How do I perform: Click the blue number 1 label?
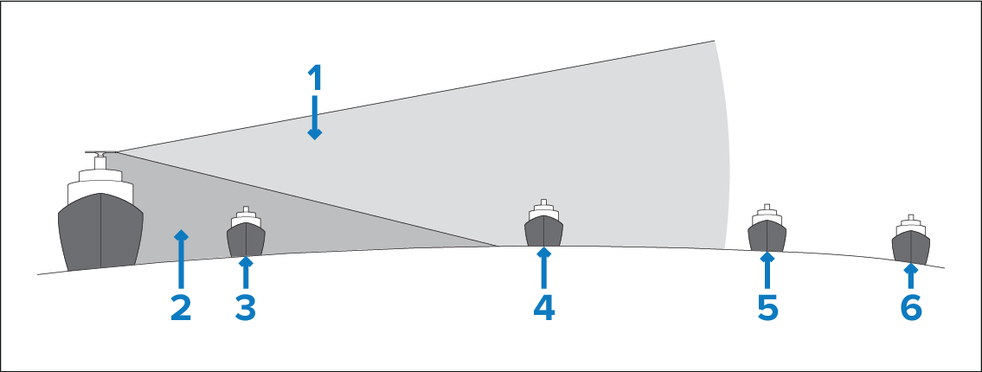(315, 78)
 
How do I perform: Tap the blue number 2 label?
(181, 308)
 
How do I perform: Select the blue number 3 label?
(246, 308)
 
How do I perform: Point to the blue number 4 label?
(543, 308)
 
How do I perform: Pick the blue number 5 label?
(767, 308)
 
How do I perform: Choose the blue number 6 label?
(911, 308)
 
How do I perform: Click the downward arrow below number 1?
(314, 117)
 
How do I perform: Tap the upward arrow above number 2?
(181, 260)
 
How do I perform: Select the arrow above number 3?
(246, 273)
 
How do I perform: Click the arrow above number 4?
(543, 268)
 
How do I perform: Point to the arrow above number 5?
(767, 271)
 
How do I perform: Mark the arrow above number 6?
(911, 277)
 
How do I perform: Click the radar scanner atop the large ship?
(100, 152)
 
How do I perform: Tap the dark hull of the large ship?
(101, 232)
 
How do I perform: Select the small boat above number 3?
(246, 231)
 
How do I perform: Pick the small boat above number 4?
(543, 223)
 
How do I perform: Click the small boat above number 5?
(767, 228)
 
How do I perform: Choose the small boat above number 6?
(911, 240)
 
